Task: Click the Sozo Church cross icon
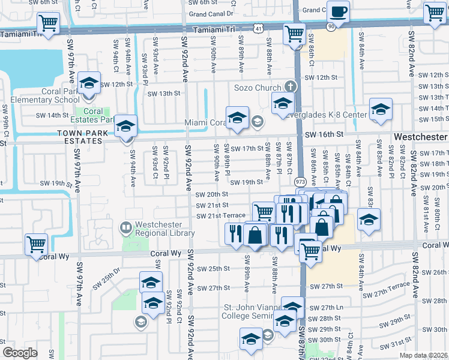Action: [x=291, y=88]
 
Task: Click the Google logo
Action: [x=19, y=352]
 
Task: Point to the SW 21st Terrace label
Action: [x=221, y=215]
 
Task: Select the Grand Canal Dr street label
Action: [x=211, y=13]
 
